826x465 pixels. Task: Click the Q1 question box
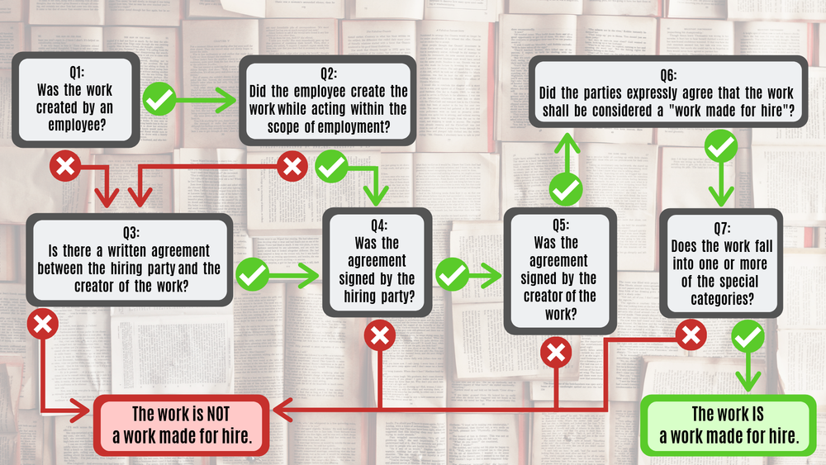[75, 99]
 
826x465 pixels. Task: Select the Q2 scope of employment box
[329, 100]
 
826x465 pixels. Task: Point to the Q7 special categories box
[721, 262]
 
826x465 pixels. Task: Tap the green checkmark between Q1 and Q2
[159, 100]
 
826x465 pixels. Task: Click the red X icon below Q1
[65, 167]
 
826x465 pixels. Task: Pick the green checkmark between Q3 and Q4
[253, 274]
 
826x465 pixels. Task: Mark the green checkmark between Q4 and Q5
[452, 274]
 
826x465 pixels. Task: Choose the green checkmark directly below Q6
[720, 149]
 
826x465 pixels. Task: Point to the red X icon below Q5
[556, 353]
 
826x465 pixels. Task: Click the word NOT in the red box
[211, 415]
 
